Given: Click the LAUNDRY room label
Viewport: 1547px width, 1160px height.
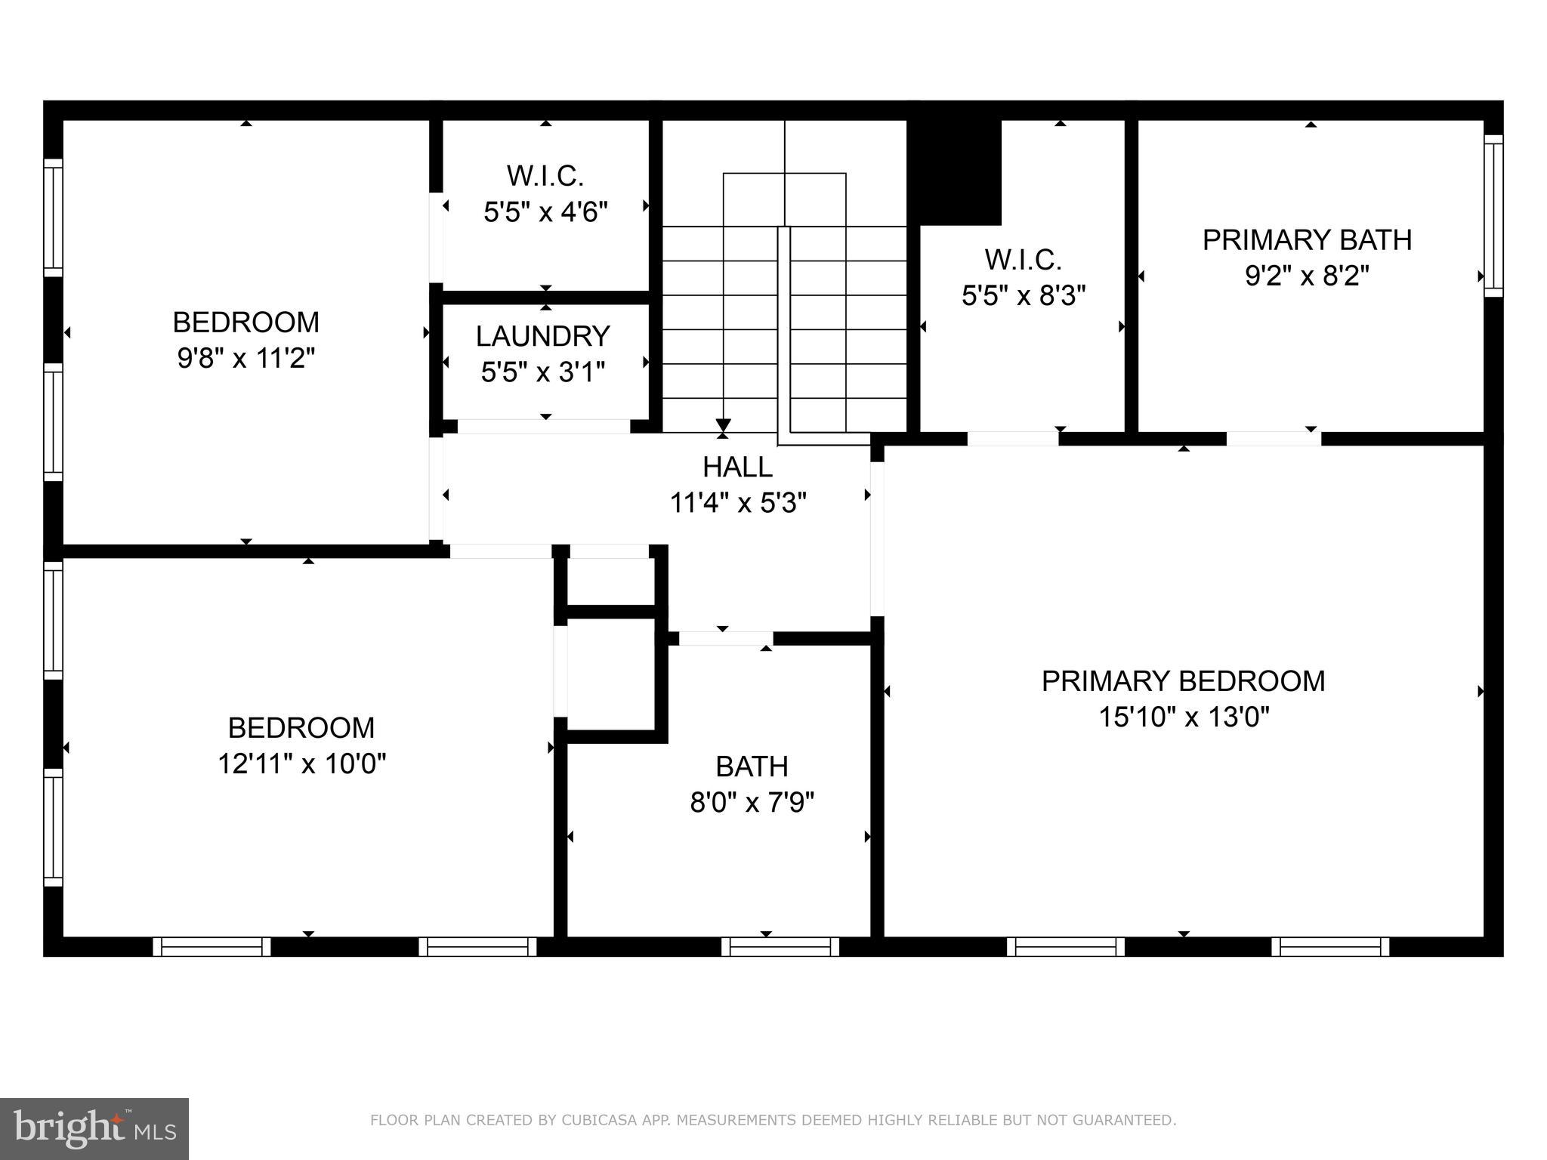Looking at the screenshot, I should pyautogui.click(x=542, y=336).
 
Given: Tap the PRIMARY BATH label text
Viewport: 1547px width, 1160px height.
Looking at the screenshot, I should pyautogui.click(x=1307, y=240).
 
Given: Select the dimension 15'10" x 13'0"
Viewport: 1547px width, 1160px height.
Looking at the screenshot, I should pyautogui.click(x=1183, y=717).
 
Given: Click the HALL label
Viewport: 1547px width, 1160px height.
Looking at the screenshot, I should pyautogui.click(x=737, y=467).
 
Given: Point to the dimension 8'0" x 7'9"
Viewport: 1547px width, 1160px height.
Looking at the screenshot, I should pyautogui.click(x=752, y=802).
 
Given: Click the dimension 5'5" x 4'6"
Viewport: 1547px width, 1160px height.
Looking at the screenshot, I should pyautogui.click(x=545, y=212).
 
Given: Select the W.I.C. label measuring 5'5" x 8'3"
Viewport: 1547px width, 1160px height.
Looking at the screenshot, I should pyautogui.click(x=1023, y=260).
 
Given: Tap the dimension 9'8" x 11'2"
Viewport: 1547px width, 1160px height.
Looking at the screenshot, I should pyautogui.click(x=245, y=358).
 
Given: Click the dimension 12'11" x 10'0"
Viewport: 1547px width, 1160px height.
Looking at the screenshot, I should pyautogui.click(x=301, y=764).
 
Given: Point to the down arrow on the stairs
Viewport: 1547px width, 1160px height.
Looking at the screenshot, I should pyautogui.click(x=723, y=424).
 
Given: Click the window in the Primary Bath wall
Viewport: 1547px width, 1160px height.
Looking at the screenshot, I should pyautogui.click(x=1493, y=216).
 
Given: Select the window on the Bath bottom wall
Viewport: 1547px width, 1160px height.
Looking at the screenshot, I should pyautogui.click(x=780, y=946).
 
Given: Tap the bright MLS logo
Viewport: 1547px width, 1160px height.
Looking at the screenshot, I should pyautogui.click(x=94, y=1128).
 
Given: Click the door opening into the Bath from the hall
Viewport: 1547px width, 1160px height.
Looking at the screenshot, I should pyautogui.click(x=725, y=639).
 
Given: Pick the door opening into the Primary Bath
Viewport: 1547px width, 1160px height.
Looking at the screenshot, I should pyautogui.click(x=1273, y=439).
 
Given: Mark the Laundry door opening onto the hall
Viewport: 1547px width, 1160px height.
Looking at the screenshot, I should pyautogui.click(x=544, y=426).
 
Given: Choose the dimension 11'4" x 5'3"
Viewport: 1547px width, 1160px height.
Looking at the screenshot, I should pyautogui.click(x=737, y=503).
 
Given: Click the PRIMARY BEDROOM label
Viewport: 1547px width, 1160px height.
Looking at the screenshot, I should pyautogui.click(x=1183, y=681).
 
